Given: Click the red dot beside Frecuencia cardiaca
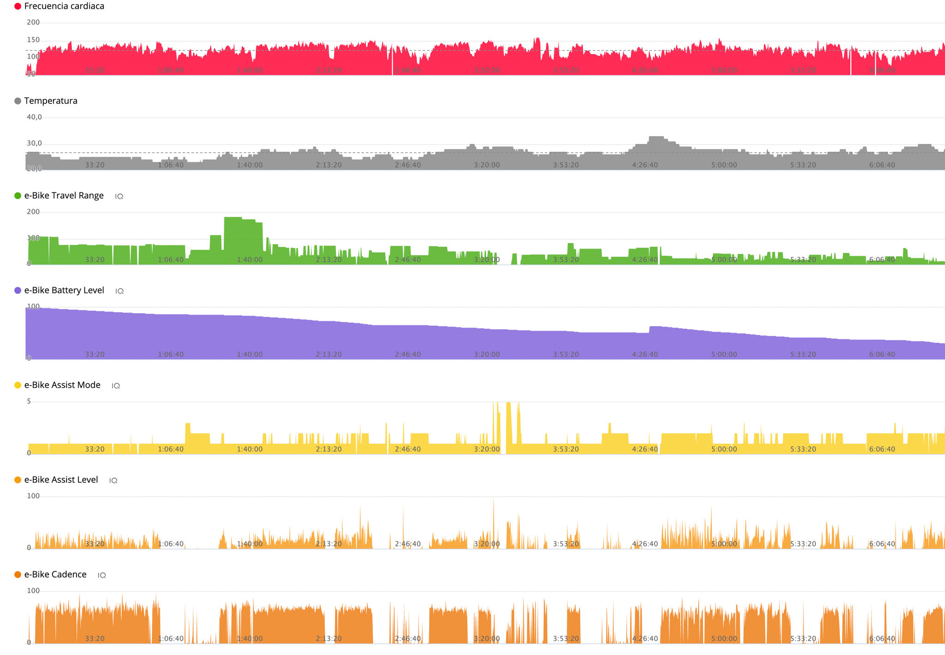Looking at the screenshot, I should (x=18, y=6).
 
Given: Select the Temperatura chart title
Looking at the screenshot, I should (x=51, y=101).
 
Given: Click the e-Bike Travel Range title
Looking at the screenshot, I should (x=64, y=196).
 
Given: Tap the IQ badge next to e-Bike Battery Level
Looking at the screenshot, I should (x=120, y=291).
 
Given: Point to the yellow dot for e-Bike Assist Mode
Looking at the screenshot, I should (x=18, y=385).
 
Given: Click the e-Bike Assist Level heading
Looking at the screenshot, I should (x=61, y=480).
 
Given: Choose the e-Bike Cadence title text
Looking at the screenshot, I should (x=55, y=574).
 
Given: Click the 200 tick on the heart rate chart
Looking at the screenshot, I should (x=33, y=22).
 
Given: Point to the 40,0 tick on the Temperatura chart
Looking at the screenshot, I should (x=34, y=117).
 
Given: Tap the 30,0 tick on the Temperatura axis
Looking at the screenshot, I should (x=34, y=143).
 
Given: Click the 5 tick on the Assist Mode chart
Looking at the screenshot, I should (x=29, y=401).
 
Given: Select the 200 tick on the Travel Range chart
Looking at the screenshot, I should (x=33, y=212).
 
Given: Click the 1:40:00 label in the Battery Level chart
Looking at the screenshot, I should (x=250, y=354).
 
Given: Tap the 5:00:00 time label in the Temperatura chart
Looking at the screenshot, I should (x=724, y=165).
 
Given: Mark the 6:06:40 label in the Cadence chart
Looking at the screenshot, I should (x=882, y=639).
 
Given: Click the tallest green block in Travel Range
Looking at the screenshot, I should (x=233, y=240).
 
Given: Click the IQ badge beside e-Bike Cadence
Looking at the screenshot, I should (x=102, y=575).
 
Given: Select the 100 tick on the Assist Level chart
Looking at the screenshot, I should (x=33, y=496).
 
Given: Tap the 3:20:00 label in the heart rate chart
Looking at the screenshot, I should (x=487, y=70).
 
